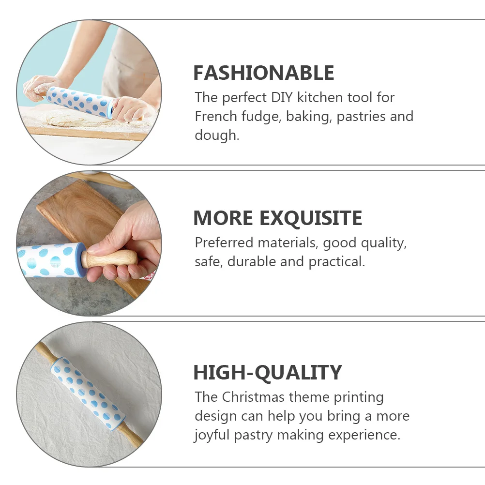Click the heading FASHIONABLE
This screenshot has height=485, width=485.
pyautogui.click(x=263, y=73)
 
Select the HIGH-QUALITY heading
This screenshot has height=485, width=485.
pyautogui.click(x=267, y=373)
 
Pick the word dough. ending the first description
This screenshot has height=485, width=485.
pyautogui.click(x=217, y=136)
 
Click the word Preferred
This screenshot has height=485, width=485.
pyautogui.click(x=224, y=242)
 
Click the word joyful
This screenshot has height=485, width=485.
pyautogui.click(x=212, y=435)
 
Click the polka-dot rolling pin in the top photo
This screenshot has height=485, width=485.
pyautogui.click(x=80, y=101)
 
